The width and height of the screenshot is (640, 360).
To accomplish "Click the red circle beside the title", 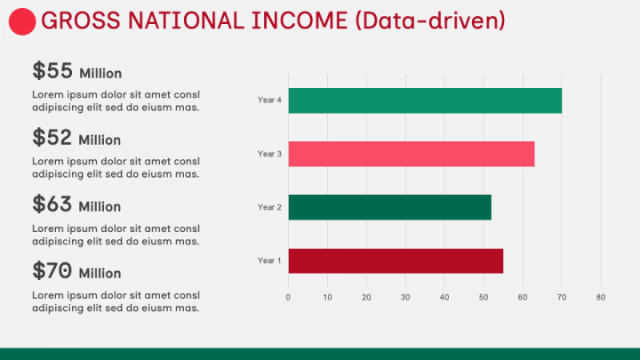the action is pos(22,21).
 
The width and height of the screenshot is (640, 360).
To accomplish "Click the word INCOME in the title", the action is pos(300,20).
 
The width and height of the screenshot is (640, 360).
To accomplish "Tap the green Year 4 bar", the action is pos(425,100).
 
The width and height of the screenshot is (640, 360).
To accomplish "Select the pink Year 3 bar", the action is pos(412,154).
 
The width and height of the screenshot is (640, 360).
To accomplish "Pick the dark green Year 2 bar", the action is pos(390,207).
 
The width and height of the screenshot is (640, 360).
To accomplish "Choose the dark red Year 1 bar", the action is pos(396,260).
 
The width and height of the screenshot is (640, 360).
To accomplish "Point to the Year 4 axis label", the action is pos(269,100).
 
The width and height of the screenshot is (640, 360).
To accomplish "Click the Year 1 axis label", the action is pos(269,260).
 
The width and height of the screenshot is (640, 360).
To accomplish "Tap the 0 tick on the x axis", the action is pos(288,297).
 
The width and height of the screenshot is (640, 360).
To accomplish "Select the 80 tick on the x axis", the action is pos(601,297).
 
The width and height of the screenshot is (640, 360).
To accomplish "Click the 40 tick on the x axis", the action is pos(444,297).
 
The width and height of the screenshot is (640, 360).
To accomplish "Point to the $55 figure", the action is pos(52,70).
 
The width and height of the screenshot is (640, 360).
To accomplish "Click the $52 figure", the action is pos(52,137).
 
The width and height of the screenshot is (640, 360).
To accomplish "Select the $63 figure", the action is pos(52,204).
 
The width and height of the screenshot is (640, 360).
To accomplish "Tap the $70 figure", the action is pos(52,270).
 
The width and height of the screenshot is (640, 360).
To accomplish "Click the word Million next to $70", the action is pos(100,273).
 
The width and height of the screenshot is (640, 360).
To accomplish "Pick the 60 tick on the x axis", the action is pos(523,297).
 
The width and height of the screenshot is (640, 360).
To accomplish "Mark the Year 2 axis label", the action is pos(269,207).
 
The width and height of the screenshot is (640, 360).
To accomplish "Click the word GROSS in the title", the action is pos(81,20).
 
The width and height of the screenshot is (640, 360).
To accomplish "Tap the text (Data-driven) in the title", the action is pos(430,20).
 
